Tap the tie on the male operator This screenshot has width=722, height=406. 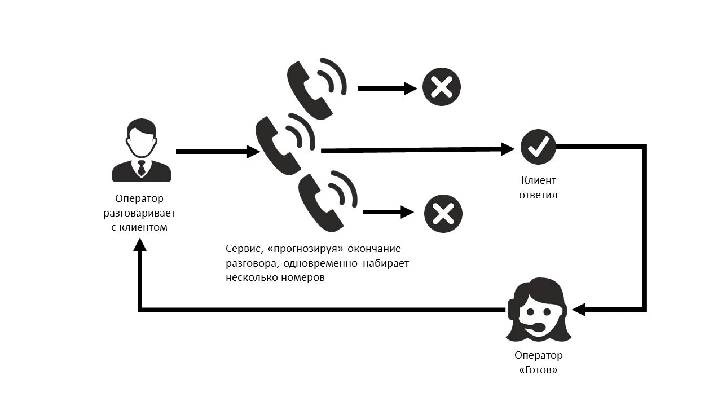coord(141,167)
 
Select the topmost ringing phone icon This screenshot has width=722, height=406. coord(316,88)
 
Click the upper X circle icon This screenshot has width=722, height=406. coord(442,87)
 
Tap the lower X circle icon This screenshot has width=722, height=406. coord(443,214)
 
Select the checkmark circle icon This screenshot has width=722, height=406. coord(538,147)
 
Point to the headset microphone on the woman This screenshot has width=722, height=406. coord(539,326)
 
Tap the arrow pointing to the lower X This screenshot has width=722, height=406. coord(389,212)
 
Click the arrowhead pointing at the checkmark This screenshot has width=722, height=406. coord(508,149)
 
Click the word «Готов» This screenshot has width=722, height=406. coord(538,370)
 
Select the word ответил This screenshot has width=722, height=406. coord(538,195)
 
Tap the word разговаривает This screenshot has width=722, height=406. coord(139,213)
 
